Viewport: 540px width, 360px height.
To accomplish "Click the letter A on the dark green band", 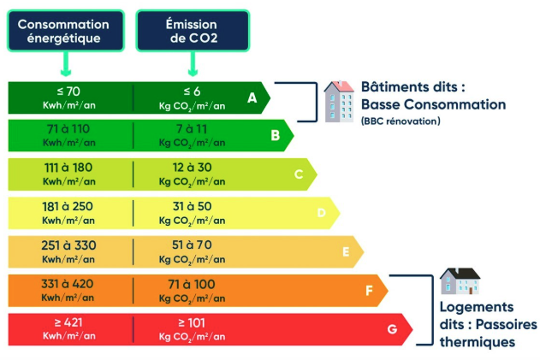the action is pyautogui.click(x=252, y=98).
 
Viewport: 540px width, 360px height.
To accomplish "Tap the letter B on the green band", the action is pyautogui.click(x=275, y=135).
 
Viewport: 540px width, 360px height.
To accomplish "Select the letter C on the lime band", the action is pyautogui.click(x=299, y=174).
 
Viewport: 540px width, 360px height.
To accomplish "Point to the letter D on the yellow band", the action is pyautogui.click(x=322, y=213).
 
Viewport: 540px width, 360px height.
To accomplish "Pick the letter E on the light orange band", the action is pyautogui.click(x=346, y=251).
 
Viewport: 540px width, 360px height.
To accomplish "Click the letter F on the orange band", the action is pyautogui.click(x=370, y=291).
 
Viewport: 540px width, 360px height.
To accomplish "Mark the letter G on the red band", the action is pyautogui.click(x=392, y=329).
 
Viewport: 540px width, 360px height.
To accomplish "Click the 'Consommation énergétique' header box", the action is pyautogui.click(x=64, y=32).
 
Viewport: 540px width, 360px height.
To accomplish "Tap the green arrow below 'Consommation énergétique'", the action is pyautogui.click(x=65, y=65).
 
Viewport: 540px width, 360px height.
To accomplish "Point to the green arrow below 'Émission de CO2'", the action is pyautogui.click(x=193, y=65).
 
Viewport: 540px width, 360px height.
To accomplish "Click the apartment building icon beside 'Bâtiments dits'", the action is pyautogui.click(x=339, y=102).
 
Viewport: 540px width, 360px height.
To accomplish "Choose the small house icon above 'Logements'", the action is pyautogui.click(x=460, y=281).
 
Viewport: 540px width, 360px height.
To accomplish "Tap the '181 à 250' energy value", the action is pyautogui.click(x=68, y=207).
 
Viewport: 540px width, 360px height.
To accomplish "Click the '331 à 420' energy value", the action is pyautogui.click(x=68, y=284).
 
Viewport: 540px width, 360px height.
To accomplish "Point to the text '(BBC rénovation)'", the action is pyautogui.click(x=401, y=121).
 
